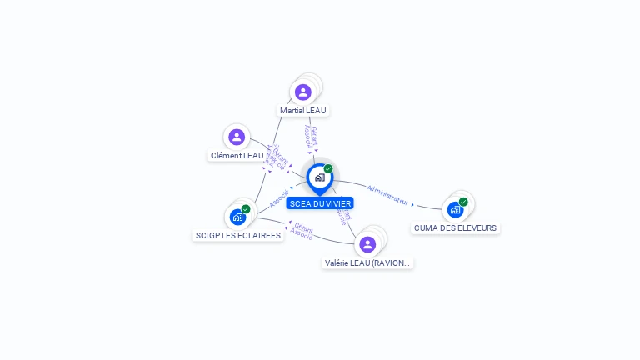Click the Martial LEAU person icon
coord(302,92)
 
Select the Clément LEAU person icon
coord(237,137)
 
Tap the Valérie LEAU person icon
coord(367,244)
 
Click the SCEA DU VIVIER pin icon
coord(319,177)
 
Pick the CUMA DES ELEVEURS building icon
coord(455,209)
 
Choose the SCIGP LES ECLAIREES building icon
coord(237,217)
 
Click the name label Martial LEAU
coord(303,110)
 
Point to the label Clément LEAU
coord(237,155)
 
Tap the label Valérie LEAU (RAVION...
coord(367,262)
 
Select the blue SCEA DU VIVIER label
coord(320,203)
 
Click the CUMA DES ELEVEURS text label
coord(455,227)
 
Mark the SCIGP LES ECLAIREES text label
coord(238,235)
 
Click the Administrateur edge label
coord(387,194)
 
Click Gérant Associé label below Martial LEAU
coord(310,137)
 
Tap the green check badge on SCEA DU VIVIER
coord(328,168)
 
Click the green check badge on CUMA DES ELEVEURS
coord(463,201)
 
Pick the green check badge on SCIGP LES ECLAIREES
coord(246,209)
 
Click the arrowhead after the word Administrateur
coord(413,203)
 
